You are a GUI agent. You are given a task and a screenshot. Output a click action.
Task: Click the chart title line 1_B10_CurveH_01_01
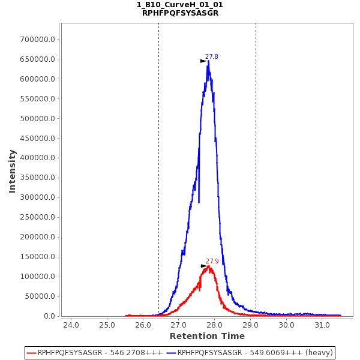click(x=180, y=5)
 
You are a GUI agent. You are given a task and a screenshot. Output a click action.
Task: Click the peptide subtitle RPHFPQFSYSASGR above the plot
click(x=180, y=13)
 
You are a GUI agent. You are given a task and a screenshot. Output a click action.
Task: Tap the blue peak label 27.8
click(x=211, y=57)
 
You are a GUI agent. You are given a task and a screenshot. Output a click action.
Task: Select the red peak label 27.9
click(x=212, y=262)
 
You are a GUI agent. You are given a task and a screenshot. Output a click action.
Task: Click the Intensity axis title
click(x=12, y=171)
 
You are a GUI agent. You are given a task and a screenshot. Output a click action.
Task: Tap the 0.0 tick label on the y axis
click(x=49, y=316)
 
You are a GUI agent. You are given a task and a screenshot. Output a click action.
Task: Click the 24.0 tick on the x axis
click(x=71, y=325)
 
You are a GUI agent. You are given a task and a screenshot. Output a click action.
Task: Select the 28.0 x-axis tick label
click(x=215, y=325)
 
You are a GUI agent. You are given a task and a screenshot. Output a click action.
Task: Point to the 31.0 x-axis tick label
click(x=322, y=325)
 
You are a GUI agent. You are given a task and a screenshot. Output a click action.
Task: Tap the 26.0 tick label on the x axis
click(x=143, y=325)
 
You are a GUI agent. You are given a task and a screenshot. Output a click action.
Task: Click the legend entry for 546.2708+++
click(x=96, y=353)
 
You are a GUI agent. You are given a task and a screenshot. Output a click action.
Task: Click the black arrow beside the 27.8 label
click(x=203, y=61)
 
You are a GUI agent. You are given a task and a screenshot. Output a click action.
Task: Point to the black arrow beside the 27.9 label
click(x=203, y=266)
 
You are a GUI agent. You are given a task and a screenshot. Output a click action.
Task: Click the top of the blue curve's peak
click(x=208, y=60)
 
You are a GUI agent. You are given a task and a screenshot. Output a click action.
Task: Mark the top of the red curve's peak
click(x=208, y=266)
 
